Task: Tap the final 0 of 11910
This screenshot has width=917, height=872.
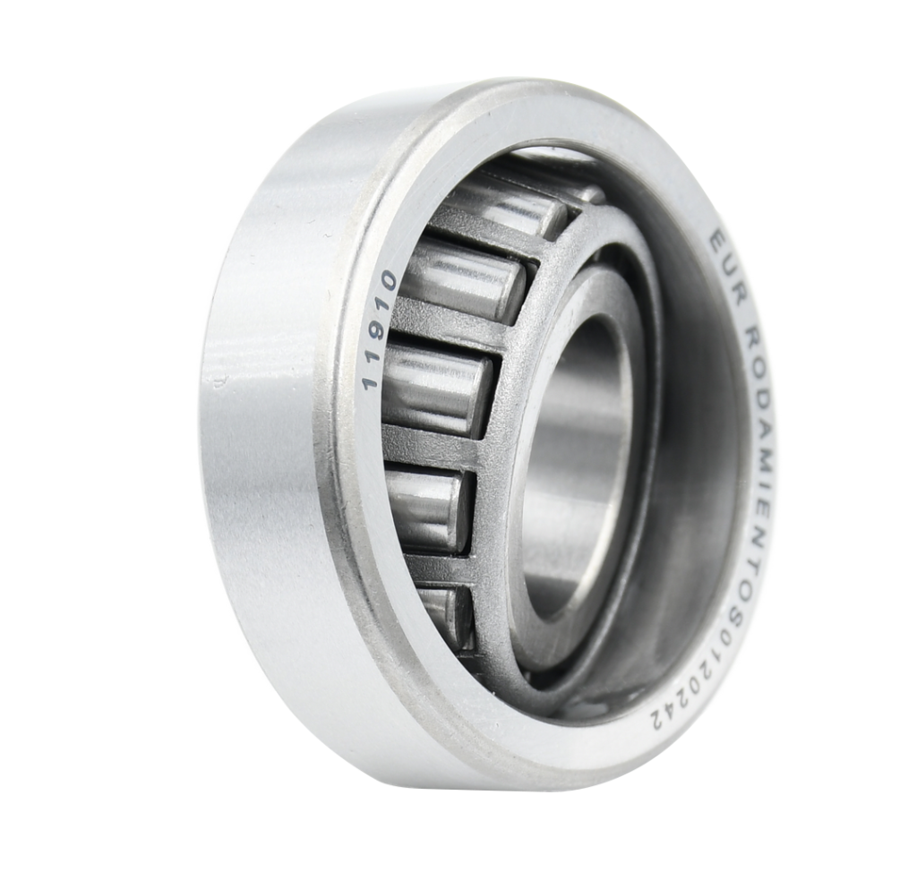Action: (385, 281)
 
